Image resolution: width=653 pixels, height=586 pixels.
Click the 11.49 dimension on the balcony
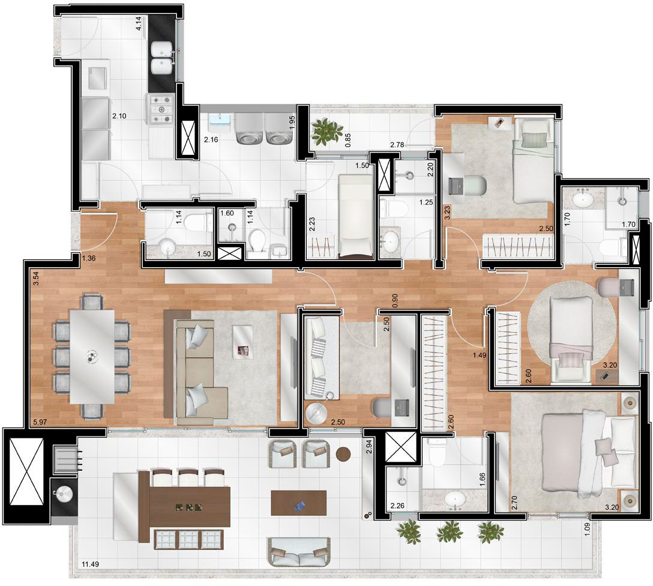(x=89, y=565)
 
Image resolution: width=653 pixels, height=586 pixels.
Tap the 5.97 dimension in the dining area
(x=40, y=421)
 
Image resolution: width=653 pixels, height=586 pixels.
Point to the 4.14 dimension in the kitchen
(x=139, y=22)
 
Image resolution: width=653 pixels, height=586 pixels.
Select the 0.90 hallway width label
(x=395, y=301)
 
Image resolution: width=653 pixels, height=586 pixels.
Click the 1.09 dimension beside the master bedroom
(x=587, y=528)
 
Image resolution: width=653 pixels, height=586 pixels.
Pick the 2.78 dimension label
(x=397, y=145)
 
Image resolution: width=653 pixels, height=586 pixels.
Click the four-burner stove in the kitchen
(x=160, y=110)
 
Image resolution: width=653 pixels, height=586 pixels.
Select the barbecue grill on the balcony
(x=65, y=458)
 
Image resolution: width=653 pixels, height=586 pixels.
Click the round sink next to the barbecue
(x=63, y=495)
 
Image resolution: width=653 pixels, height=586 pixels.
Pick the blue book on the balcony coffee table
(x=299, y=507)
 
